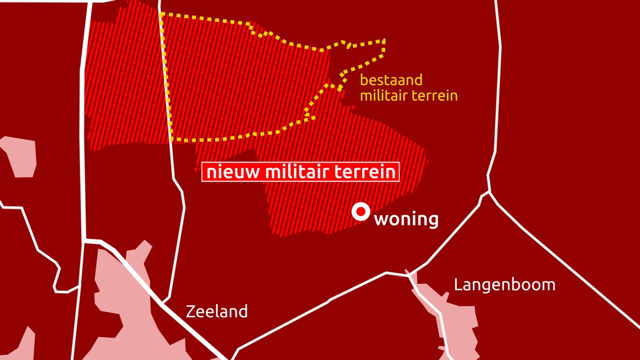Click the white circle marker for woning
tap(360, 211)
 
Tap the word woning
tap(406, 219)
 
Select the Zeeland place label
tap(216, 311)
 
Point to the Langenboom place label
tap(504, 285)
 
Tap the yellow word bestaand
tap(391, 80)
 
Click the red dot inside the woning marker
tap(360, 211)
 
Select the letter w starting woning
tap(381, 219)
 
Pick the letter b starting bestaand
tap(364, 80)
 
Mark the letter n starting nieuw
tap(210, 172)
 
